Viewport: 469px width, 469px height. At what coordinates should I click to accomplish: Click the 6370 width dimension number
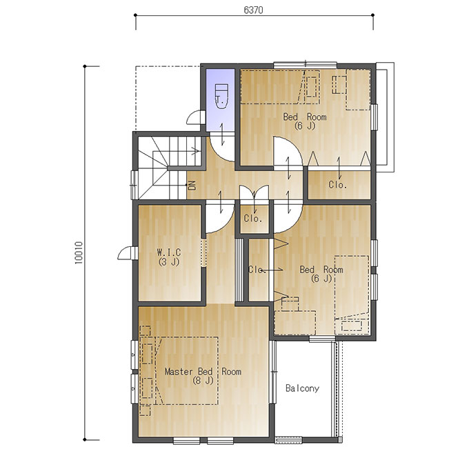(253, 10)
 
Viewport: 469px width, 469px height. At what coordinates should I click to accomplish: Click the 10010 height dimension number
(79, 252)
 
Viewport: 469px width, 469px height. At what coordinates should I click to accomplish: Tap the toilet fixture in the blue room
(221, 97)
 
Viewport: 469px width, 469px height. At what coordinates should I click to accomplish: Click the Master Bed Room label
(203, 372)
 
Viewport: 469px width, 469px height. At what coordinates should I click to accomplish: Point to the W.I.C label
(169, 252)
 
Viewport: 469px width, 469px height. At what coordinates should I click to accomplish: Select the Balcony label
(302, 388)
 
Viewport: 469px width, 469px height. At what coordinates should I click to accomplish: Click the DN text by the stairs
(192, 186)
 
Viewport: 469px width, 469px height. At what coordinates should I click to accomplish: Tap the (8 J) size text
(203, 381)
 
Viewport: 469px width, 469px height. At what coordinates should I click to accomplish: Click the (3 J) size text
(169, 261)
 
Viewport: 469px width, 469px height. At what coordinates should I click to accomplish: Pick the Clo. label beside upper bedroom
(338, 185)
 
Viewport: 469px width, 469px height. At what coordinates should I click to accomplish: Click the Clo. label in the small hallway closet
(253, 219)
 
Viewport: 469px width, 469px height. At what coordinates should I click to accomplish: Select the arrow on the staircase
(177, 151)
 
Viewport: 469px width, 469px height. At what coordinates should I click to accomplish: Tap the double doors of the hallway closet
(255, 192)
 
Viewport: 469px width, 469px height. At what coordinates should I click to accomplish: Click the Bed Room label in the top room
(305, 117)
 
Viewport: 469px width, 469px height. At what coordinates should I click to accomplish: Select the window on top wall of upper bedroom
(306, 65)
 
